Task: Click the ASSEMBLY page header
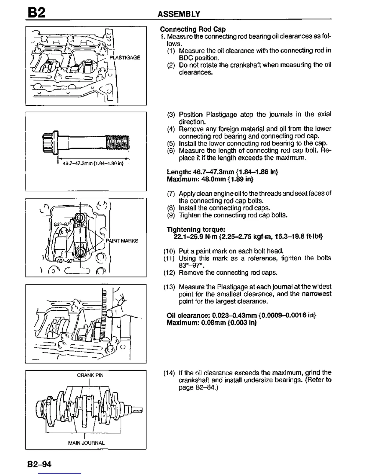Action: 179,14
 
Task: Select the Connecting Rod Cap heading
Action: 193,29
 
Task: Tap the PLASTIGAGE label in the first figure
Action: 125,57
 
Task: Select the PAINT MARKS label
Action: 122,241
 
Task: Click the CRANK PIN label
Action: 90,375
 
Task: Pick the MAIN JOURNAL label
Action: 86,443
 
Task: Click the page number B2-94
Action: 39,464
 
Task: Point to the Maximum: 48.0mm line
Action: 210,179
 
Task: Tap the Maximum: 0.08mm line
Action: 212,323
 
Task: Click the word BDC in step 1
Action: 186,58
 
